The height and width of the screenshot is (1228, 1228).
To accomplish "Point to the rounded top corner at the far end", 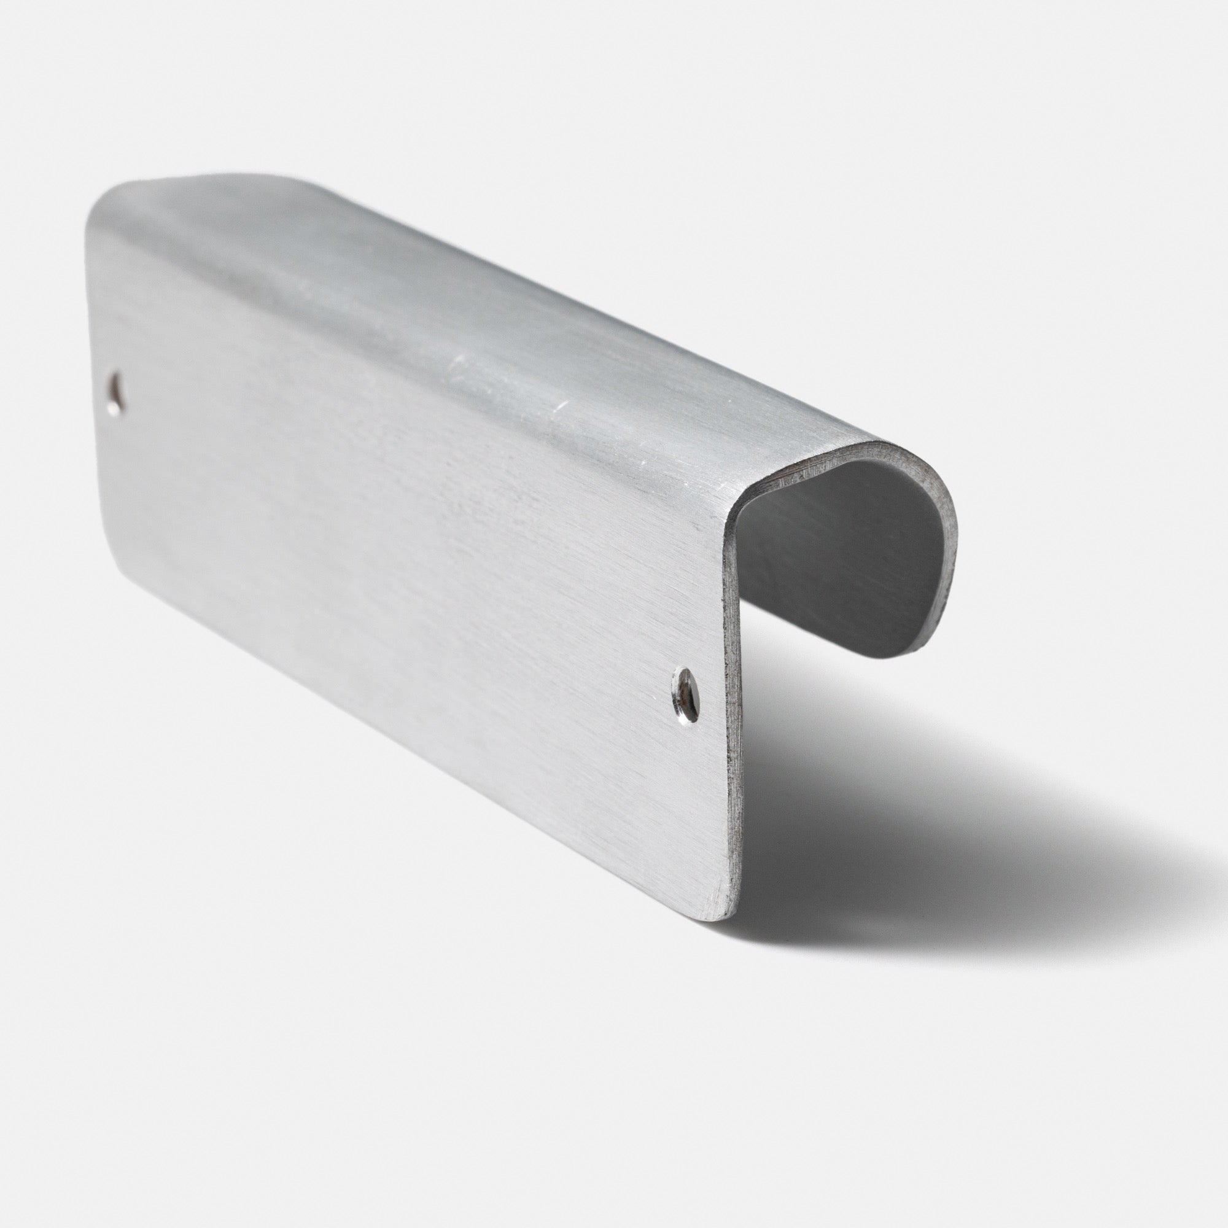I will pyautogui.click(x=102, y=197).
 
